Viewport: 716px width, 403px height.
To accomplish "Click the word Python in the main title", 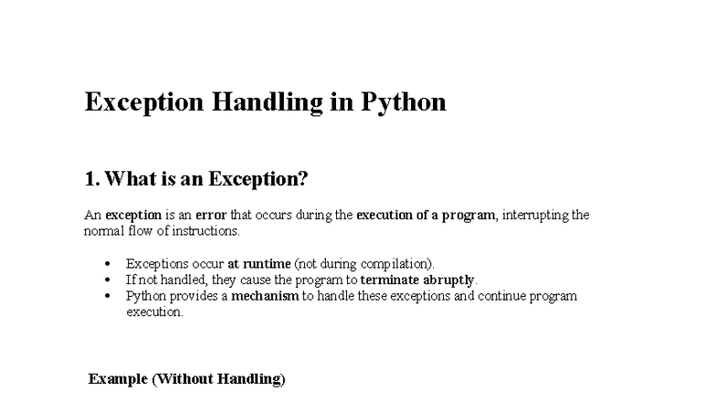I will coord(404,101).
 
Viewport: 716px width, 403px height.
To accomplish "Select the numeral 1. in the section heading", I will coord(91,179).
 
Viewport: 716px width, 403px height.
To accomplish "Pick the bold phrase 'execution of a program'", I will coord(426,215).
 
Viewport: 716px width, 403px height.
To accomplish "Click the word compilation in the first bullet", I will coord(396,263).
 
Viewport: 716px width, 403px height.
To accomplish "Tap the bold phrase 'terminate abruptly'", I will coord(417,280).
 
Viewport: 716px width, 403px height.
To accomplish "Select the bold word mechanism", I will coord(265,296).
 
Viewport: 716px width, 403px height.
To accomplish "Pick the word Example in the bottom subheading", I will coord(118,378).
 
